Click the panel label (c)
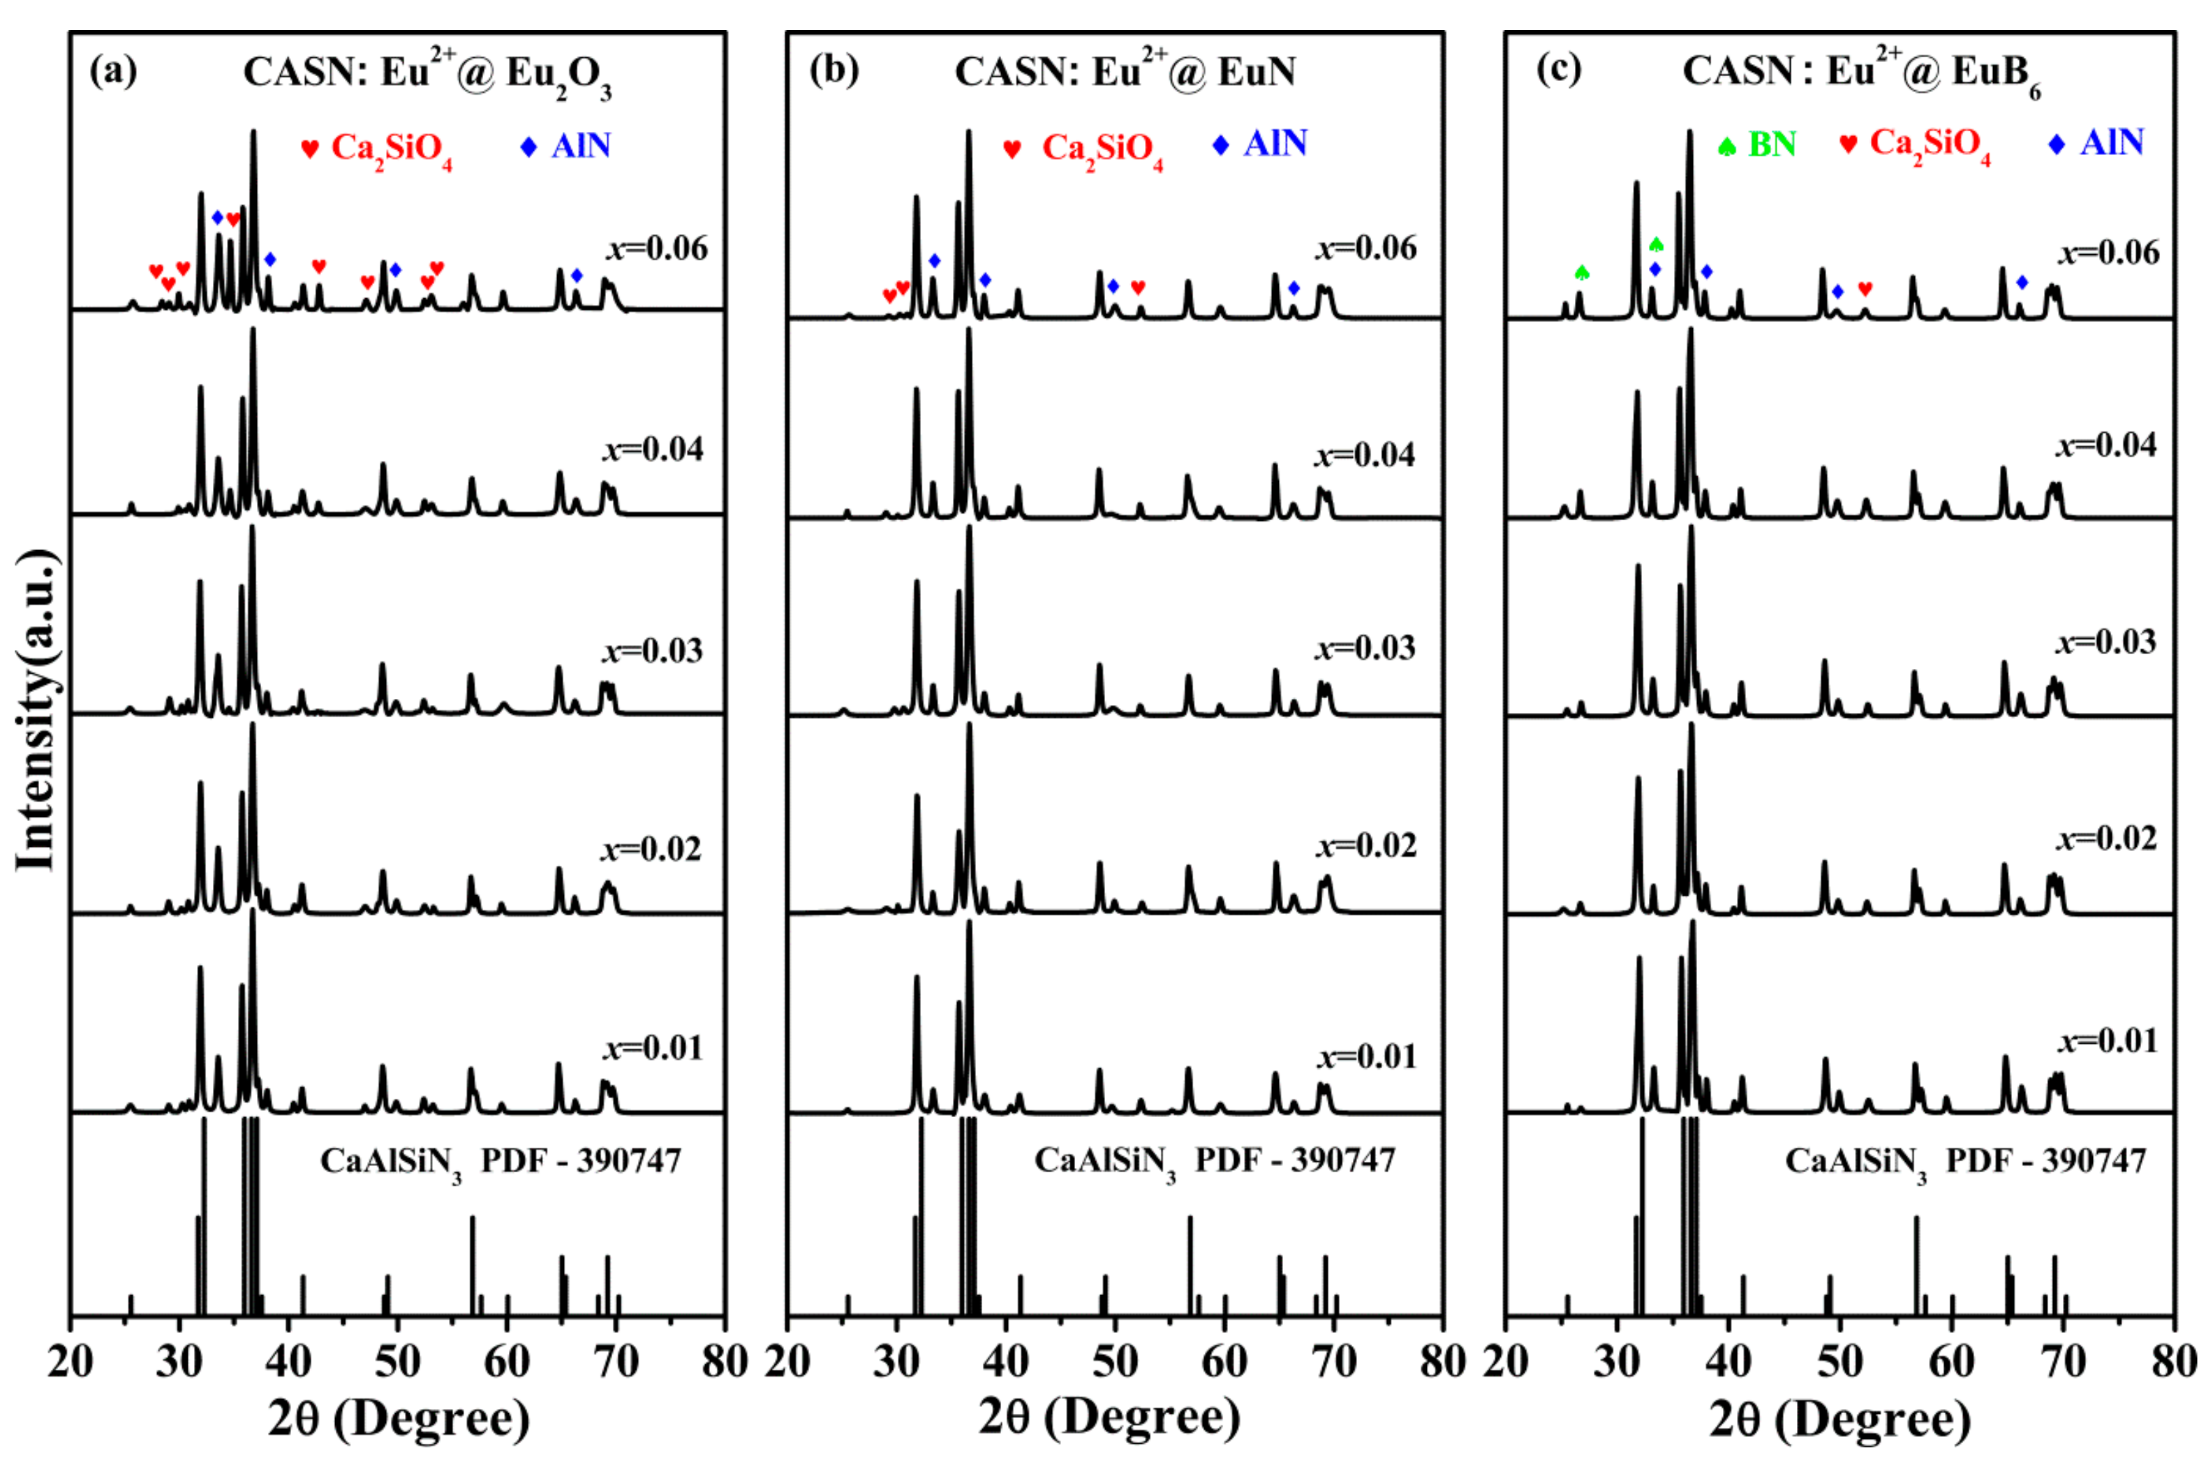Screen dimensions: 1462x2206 (x=1558, y=69)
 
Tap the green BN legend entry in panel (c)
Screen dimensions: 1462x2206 (x=1758, y=145)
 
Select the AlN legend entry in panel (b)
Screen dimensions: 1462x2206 (x=1261, y=144)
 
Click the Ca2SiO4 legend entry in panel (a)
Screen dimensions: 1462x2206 (x=377, y=148)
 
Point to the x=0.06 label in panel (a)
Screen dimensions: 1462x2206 (x=658, y=248)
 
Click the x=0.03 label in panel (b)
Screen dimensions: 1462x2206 (x=1365, y=647)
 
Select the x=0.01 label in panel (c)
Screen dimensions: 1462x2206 (x=2107, y=1040)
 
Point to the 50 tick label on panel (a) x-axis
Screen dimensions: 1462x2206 (x=397, y=1362)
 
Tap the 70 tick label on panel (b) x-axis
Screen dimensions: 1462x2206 (x=1333, y=1362)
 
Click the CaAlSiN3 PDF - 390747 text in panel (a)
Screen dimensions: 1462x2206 (x=501, y=1162)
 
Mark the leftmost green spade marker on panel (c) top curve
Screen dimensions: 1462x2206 (x=1581, y=272)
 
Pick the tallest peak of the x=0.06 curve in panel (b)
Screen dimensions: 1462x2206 (x=969, y=133)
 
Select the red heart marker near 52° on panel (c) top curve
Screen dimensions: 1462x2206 (x=1865, y=289)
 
